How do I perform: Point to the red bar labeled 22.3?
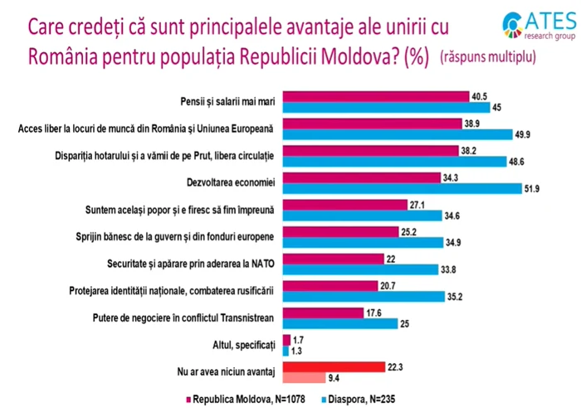[x=333, y=366]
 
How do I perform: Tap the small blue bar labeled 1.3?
[x=286, y=350]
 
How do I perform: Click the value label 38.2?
[x=471, y=150]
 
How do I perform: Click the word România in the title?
[x=69, y=58]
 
